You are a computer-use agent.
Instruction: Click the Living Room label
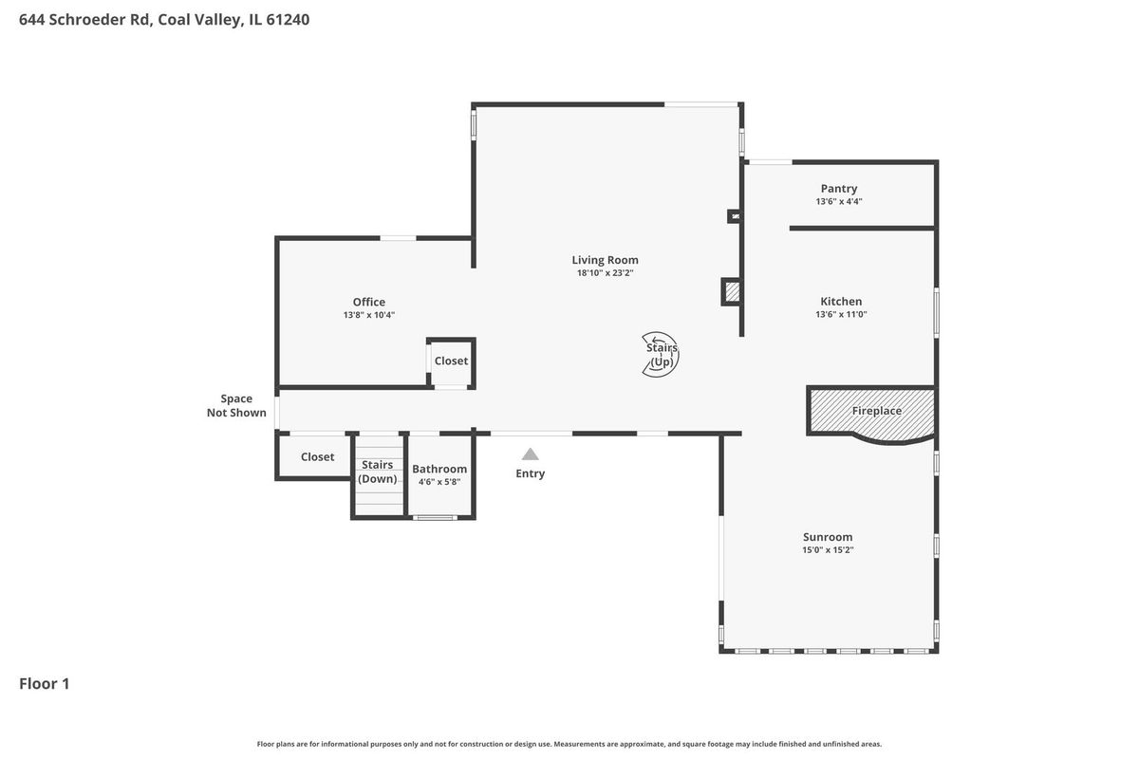tap(605, 260)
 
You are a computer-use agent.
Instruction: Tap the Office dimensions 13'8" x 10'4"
tap(368, 315)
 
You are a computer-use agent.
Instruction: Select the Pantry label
tap(838, 189)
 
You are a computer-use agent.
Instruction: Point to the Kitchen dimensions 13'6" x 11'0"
tap(841, 314)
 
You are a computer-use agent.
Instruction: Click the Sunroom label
tap(828, 537)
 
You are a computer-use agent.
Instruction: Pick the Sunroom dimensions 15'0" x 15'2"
tap(828, 549)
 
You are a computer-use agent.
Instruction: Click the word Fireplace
tap(877, 411)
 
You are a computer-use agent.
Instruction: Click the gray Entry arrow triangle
tap(530, 454)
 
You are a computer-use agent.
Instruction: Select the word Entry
tap(530, 473)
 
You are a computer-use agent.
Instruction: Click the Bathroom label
tap(439, 469)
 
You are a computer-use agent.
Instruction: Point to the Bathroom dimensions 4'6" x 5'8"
tap(439, 481)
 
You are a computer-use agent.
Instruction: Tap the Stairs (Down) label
tap(378, 472)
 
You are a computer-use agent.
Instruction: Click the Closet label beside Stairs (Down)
tap(317, 457)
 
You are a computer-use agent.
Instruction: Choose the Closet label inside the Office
tap(451, 361)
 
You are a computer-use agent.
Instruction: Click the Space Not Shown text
tap(236, 406)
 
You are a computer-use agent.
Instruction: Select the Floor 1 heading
tap(45, 684)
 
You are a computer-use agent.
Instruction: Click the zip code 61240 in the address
tap(288, 19)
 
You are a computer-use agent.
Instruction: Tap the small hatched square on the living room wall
tap(732, 292)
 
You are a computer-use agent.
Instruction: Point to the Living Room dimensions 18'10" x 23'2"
tap(605, 273)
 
